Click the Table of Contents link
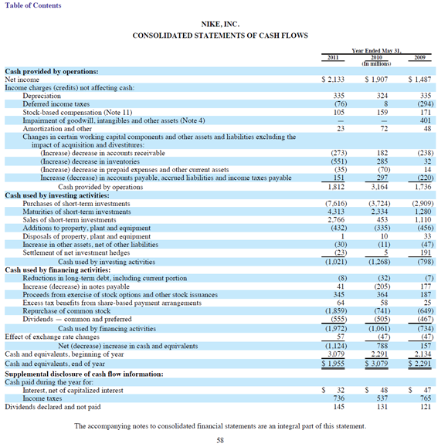(x=33, y=5)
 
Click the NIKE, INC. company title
(x=220, y=24)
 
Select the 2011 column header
(x=333, y=57)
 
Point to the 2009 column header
(x=419, y=57)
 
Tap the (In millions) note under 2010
(x=376, y=63)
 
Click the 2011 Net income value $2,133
(x=333, y=80)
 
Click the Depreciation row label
(x=42, y=96)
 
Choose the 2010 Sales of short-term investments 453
(x=382, y=220)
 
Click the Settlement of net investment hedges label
(x=76, y=252)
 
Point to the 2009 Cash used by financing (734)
(x=426, y=328)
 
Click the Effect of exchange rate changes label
(x=52, y=337)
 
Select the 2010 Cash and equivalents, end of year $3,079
(x=376, y=364)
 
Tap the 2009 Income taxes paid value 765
(x=426, y=398)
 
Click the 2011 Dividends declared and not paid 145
(x=339, y=406)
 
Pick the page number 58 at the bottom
(x=220, y=440)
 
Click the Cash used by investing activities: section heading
(x=57, y=195)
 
